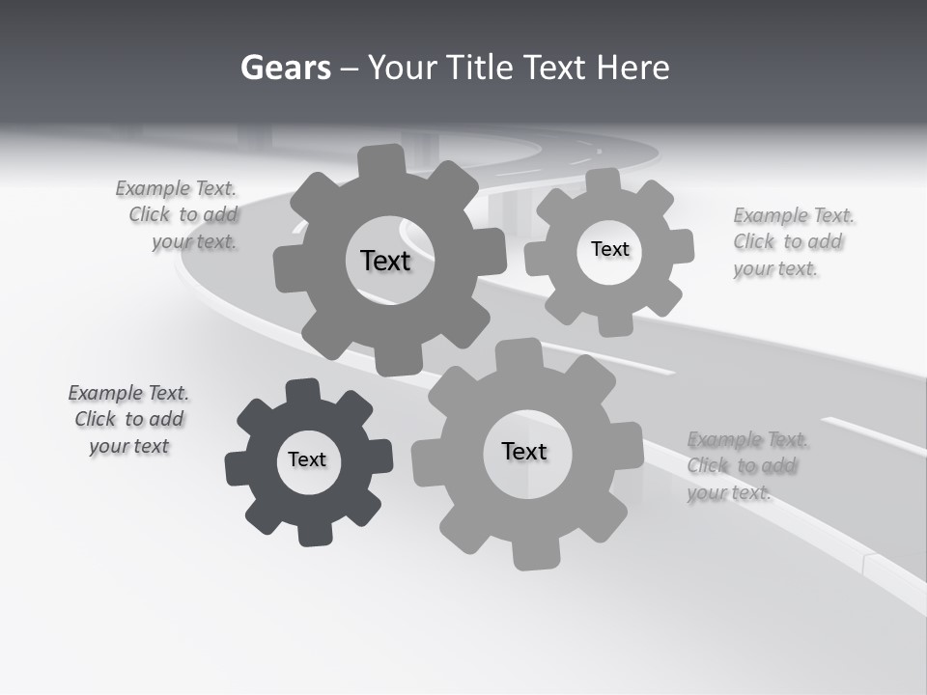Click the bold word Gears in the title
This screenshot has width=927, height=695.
tap(285, 68)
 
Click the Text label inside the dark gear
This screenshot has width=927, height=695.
tap(307, 459)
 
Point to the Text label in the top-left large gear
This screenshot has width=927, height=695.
tap(385, 261)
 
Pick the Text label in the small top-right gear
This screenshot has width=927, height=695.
tap(609, 249)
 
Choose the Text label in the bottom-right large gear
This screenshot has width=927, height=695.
tap(524, 451)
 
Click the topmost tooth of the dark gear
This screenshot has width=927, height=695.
tap(302, 390)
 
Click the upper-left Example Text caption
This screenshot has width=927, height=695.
tap(180, 215)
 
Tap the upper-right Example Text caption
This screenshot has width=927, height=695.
tap(793, 241)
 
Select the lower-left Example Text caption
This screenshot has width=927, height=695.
tap(128, 419)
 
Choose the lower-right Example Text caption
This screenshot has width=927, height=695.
tap(745, 466)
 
